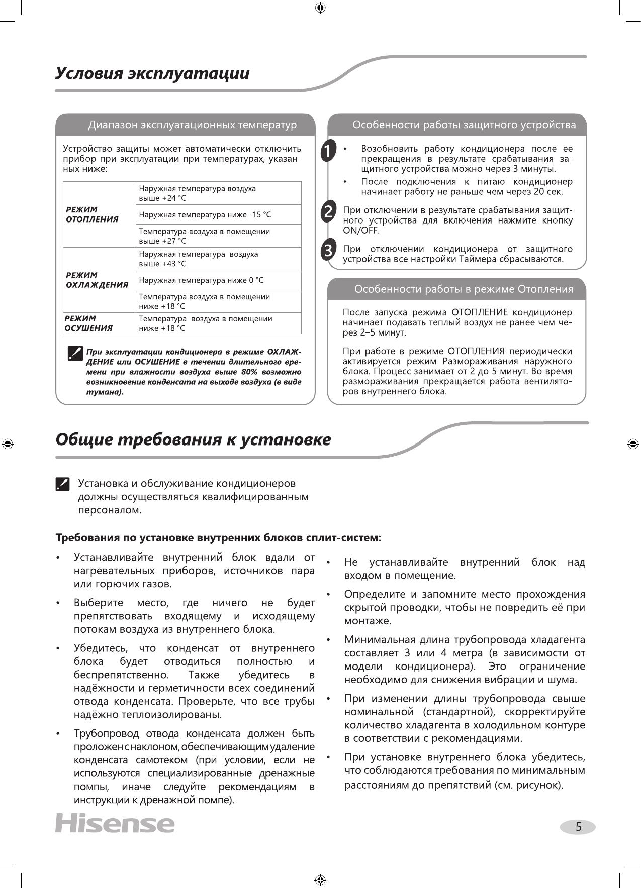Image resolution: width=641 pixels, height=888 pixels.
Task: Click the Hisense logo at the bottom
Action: tap(115, 823)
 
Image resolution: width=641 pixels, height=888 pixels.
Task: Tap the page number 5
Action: tap(578, 827)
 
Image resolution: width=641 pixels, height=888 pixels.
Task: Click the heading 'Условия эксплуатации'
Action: tap(152, 73)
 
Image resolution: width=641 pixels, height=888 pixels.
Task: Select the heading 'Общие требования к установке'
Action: tap(193, 439)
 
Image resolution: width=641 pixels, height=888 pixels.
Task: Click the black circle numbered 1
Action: tap(328, 151)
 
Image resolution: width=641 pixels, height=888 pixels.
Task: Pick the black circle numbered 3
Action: tap(328, 250)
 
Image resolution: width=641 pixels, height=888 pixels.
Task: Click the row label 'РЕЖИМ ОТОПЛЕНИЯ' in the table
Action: tap(92, 214)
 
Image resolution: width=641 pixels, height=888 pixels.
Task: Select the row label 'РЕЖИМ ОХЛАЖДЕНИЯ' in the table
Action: tap(97, 280)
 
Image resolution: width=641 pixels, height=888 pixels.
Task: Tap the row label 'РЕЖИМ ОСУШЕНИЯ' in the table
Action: tap(88, 323)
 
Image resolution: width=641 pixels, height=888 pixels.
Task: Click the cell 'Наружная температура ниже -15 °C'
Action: tap(205, 215)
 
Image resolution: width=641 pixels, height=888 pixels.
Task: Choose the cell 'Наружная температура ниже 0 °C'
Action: tap(201, 280)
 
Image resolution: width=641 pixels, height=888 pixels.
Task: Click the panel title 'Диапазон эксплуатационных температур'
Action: tap(193, 125)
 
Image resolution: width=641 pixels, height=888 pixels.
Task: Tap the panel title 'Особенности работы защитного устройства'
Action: tap(464, 125)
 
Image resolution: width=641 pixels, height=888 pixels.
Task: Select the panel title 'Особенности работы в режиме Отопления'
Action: tap(464, 289)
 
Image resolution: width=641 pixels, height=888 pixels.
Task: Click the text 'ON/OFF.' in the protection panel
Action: tap(361, 231)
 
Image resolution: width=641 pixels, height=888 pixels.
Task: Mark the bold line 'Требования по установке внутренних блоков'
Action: tap(218, 538)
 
